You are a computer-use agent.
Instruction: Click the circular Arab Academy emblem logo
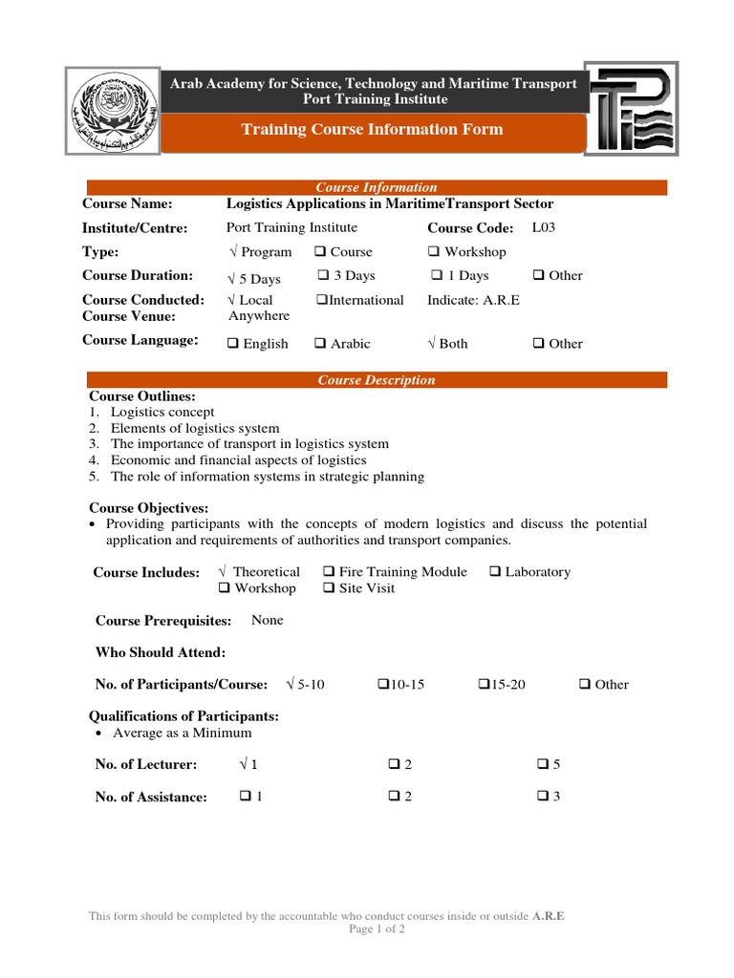pos(111,112)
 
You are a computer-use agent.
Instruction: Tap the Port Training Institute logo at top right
pos(633,112)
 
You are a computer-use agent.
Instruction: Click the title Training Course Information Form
pos(372,130)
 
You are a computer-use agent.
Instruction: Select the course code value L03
pos(543,227)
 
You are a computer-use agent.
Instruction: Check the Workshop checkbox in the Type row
pos(434,252)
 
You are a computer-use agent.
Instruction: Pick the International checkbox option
pos(322,300)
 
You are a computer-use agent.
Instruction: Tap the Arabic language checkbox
pos(322,344)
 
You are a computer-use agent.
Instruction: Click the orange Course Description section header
pos(377,380)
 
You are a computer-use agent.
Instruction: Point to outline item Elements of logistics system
pos(195,428)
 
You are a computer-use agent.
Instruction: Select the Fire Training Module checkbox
pos(329,572)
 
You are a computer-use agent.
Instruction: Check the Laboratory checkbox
pos(495,572)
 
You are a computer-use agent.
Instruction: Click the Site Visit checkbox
pos(329,588)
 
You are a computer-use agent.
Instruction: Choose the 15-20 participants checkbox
pos(483,684)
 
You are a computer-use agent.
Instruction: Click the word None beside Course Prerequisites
pos(268,620)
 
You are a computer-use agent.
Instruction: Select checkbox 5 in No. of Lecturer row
pos(542,764)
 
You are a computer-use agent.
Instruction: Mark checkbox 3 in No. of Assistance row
pos(542,797)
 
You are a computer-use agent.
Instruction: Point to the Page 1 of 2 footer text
pos(377,928)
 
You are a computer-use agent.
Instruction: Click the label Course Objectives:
pos(148,508)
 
